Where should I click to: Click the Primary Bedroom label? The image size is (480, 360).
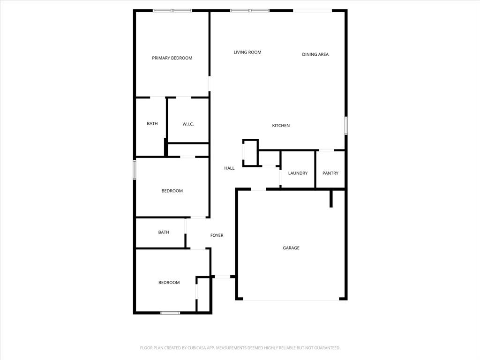(172, 58)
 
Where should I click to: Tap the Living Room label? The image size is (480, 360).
(247, 52)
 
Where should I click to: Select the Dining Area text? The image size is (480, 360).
(315, 54)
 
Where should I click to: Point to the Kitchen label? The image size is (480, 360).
(281, 126)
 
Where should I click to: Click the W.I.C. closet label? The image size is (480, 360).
(188, 124)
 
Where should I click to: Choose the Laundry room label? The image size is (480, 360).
(298, 173)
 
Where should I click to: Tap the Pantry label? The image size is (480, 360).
(330, 173)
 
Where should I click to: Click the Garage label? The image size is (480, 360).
(291, 248)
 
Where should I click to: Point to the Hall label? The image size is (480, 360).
(229, 168)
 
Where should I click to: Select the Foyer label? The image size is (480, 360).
(217, 235)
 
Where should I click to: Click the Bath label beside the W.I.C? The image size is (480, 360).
(152, 124)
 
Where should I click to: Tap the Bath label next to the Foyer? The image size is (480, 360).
(164, 232)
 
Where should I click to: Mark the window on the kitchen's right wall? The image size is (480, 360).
(346, 126)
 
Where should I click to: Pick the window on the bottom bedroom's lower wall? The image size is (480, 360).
(170, 313)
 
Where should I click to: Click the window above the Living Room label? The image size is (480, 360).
(249, 10)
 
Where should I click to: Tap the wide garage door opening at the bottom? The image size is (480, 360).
(291, 300)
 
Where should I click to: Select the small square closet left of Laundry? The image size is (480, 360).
(250, 152)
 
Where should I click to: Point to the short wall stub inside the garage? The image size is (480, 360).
(331, 198)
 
